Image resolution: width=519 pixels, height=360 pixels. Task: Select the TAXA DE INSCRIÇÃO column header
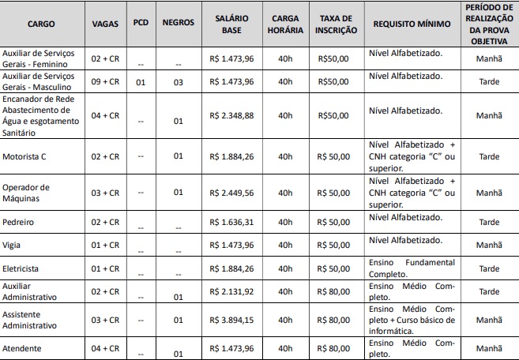(333, 24)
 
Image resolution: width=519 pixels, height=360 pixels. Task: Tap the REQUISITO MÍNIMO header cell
(412, 24)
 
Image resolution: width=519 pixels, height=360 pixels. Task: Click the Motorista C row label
(25, 156)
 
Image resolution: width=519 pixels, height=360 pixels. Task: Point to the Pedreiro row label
(19, 222)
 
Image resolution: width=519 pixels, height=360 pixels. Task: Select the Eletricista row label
(23, 268)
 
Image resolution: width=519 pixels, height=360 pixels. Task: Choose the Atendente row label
(22, 347)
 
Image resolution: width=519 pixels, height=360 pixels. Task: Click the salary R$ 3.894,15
(231, 319)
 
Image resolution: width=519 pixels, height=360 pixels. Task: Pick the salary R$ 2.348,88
(231, 114)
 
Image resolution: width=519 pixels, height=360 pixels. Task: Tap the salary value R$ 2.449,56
(231, 192)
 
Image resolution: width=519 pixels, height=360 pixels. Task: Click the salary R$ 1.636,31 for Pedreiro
(231, 222)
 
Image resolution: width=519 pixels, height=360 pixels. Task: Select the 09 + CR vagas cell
(103, 81)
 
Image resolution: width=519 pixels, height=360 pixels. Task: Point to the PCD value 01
(141, 81)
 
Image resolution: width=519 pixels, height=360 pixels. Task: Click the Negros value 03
(178, 81)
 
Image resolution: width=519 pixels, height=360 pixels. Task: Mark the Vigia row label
(13, 245)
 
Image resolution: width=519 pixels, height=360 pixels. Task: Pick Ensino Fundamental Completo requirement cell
(412, 267)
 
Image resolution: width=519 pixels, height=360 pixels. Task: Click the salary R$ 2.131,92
(231, 291)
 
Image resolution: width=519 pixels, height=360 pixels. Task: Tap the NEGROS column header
(178, 24)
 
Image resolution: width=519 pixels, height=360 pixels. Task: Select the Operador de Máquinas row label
(27, 192)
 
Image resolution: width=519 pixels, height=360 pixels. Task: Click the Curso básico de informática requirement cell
(412, 320)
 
